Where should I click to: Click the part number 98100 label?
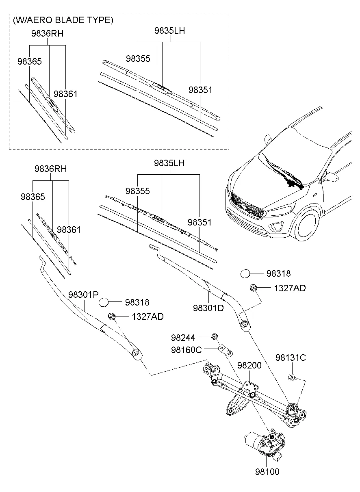pos(267,472)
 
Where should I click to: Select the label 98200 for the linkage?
pos(249,365)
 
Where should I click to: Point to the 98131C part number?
pos(291,358)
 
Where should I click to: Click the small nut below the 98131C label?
pos(291,378)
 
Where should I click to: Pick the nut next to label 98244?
pos(214,337)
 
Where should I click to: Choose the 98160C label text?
pos(186,350)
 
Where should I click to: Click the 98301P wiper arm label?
pos(84,295)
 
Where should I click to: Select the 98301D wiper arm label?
pos(208,308)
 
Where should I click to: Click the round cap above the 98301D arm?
pos(246,274)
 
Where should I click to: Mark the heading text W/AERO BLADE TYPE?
pos(63,20)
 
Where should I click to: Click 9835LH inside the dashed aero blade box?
pos(169,30)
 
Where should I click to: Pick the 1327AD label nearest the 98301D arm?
pos(290,288)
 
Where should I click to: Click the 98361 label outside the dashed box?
pos(69,230)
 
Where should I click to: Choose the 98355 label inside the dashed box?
pos(138,59)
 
